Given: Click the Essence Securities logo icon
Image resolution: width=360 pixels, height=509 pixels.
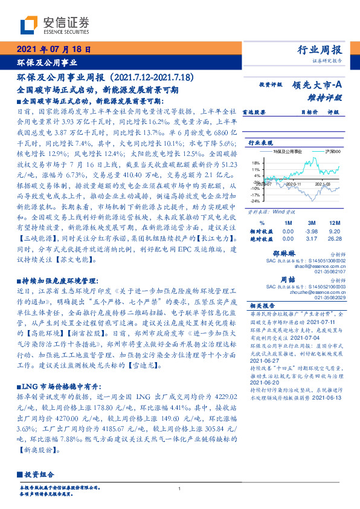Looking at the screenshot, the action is (x=30, y=26).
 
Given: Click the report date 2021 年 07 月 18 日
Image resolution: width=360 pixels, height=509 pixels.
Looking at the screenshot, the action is (x=53, y=50).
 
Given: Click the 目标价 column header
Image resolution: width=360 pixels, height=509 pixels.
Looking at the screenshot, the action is (x=293, y=112).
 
